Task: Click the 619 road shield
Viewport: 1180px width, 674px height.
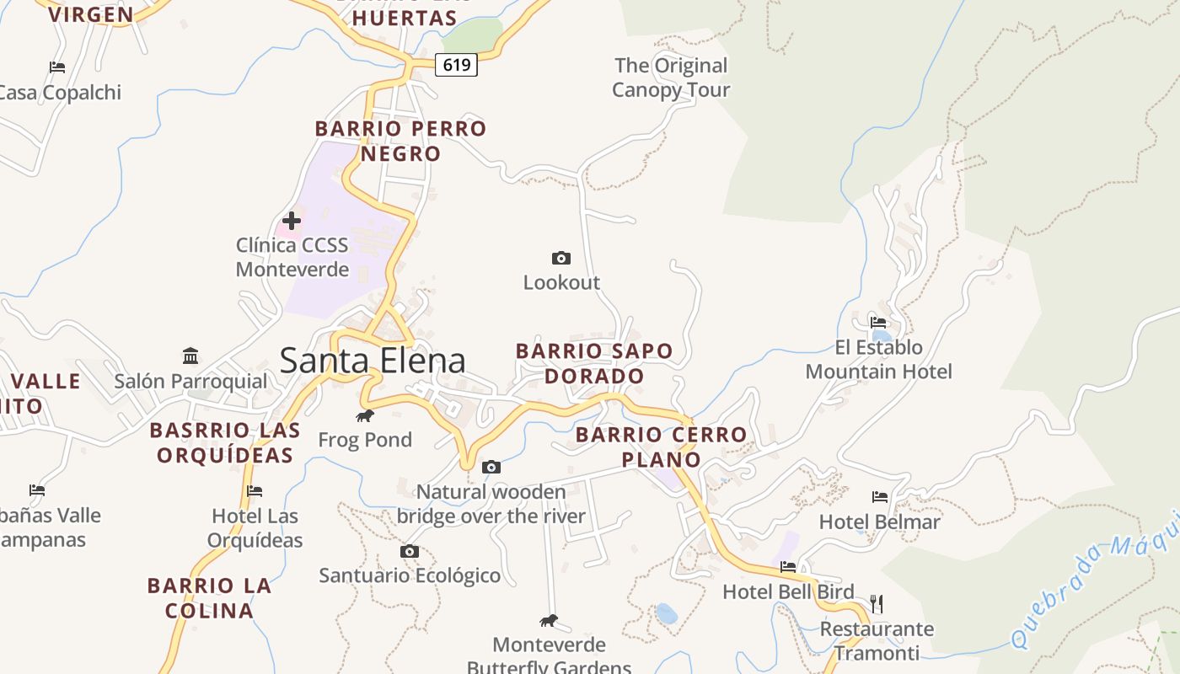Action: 456,65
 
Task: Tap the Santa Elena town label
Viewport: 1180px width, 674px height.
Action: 372,361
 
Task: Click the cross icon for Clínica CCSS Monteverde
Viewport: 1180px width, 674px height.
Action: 292,221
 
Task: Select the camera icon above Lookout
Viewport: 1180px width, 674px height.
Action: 560,258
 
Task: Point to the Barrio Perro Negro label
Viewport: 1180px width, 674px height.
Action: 400,141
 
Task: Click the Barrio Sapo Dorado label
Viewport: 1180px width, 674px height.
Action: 594,363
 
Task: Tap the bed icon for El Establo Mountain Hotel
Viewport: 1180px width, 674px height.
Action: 878,322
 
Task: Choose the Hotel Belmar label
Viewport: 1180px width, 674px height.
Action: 879,522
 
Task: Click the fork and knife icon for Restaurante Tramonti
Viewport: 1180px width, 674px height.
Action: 877,603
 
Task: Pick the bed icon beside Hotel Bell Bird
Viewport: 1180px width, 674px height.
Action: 788,567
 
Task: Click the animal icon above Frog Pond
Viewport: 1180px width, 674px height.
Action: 365,415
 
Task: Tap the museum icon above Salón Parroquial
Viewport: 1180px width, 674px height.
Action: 190,356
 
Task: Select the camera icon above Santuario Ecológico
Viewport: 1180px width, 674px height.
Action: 410,552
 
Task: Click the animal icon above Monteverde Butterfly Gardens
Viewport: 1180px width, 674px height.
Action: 549,621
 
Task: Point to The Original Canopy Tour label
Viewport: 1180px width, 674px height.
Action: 671,78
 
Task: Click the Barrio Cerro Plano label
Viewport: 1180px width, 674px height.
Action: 661,447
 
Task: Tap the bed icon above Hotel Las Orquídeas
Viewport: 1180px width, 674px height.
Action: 255,490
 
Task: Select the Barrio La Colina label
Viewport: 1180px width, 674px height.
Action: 209,597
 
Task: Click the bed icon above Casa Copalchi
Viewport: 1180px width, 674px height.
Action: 57,67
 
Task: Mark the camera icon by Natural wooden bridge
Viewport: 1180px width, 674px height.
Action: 491,467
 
